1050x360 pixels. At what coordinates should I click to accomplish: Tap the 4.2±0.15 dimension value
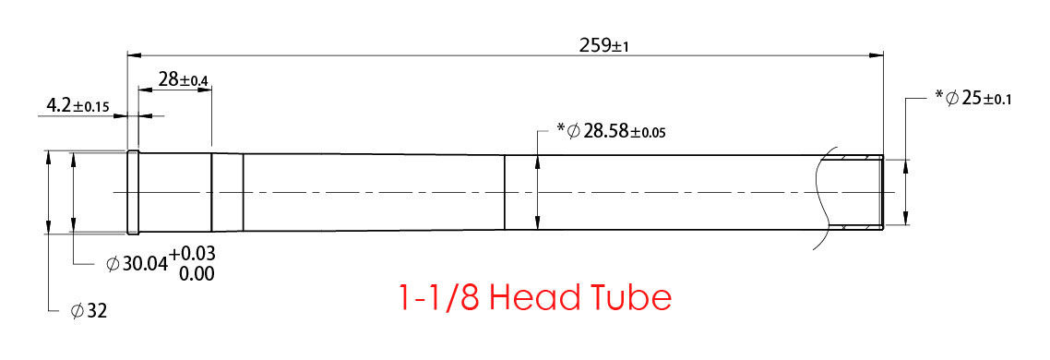(78, 105)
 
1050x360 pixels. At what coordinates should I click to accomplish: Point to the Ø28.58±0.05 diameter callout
(610, 130)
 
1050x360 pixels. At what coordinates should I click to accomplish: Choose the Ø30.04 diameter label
(137, 264)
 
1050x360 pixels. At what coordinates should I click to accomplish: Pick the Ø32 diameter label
(89, 311)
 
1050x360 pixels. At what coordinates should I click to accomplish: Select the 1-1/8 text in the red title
(438, 297)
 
